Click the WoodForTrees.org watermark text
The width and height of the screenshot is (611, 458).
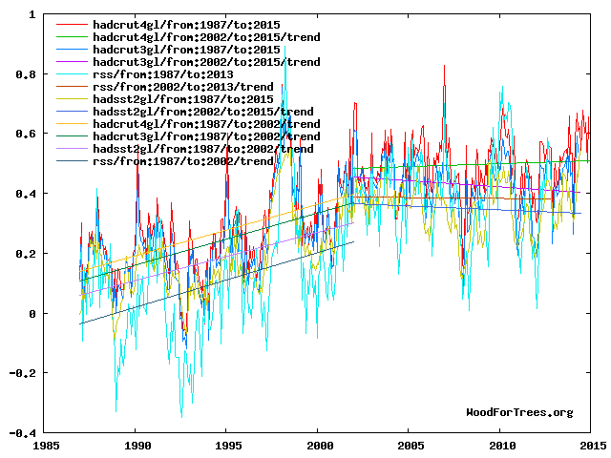tap(519, 412)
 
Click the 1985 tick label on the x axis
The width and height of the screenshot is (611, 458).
tap(46, 446)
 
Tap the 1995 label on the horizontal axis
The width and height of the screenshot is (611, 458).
tap(228, 446)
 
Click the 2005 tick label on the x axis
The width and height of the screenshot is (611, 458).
tap(411, 446)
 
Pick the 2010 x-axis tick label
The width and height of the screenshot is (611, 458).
tap(501, 446)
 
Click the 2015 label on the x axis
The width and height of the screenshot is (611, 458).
tap(591, 446)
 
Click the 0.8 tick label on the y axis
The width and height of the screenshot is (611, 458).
tap(27, 74)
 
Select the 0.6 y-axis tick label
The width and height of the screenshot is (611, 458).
tap(27, 135)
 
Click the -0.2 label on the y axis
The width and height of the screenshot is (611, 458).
tap(23, 373)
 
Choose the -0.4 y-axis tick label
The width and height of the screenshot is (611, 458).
tap(23, 432)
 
